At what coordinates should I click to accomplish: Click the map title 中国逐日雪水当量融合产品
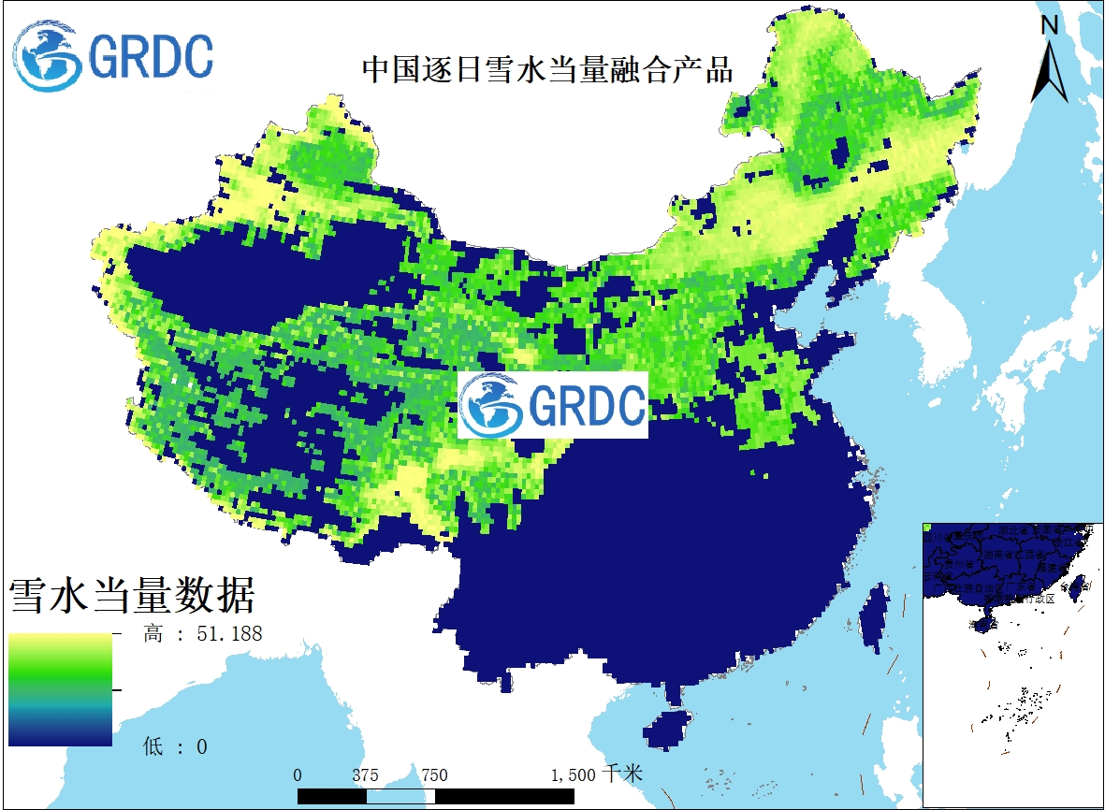(x=547, y=70)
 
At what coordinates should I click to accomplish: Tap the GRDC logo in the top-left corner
(x=113, y=56)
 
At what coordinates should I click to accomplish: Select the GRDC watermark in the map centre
(x=553, y=405)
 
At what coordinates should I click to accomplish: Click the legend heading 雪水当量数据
(x=132, y=594)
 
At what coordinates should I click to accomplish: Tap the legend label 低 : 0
(x=175, y=746)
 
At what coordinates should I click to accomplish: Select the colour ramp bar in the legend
(x=60, y=689)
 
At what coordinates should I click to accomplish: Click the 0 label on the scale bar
(x=298, y=774)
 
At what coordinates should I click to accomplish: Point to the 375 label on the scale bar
(x=366, y=774)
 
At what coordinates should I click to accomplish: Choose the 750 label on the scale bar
(x=434, y=774)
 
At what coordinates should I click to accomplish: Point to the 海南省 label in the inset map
(x=982, y=625)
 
